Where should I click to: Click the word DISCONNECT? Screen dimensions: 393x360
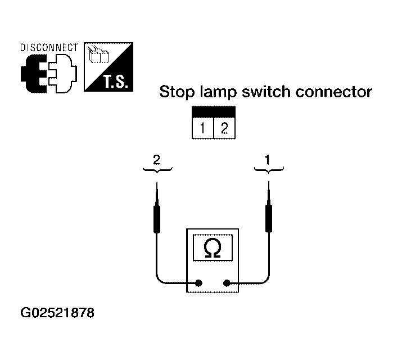(49, 48)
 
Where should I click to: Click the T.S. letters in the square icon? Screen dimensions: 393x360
(116, 81)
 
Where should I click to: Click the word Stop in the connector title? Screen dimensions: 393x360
(177, 92)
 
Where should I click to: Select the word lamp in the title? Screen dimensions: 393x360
(218, 92)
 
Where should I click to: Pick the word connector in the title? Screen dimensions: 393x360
(333, 92)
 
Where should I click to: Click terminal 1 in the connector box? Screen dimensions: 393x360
(202, 128)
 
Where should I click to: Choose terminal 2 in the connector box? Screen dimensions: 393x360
(224, 128)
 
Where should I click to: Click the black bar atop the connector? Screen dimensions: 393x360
(214, 112)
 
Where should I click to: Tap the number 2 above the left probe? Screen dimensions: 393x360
(157, 160)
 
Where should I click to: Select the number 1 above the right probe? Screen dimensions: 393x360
(268, 160)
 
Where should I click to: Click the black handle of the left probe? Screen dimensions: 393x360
(157, 219)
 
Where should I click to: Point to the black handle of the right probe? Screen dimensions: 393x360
(269, 219)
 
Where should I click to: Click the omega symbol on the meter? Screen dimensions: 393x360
(213, 248)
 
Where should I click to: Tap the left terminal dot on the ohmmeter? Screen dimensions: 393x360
(199, 283)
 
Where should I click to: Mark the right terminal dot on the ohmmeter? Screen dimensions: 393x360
(227, 283)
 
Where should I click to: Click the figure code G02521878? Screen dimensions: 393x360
(57, 313)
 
